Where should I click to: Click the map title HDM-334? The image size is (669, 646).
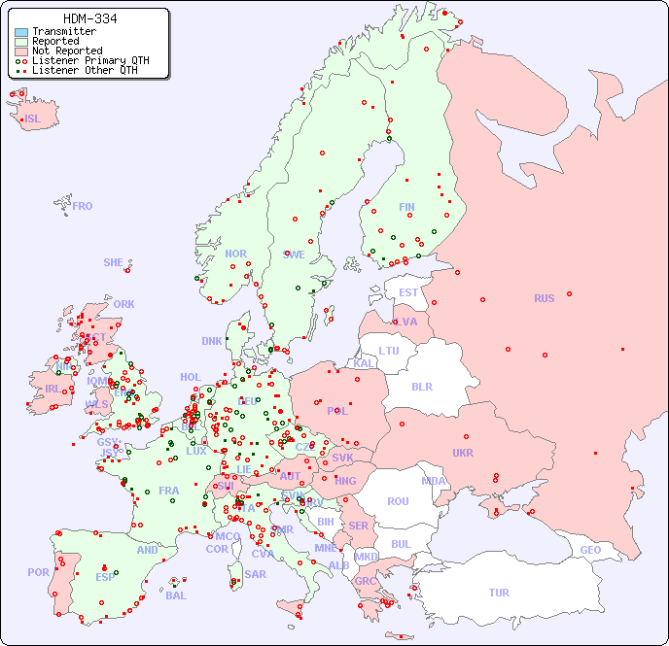point(90,18)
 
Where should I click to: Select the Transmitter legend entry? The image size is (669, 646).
point(63,31)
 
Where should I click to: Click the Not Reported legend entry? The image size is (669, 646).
point(66,51)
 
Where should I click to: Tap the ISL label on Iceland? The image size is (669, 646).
point(33,119)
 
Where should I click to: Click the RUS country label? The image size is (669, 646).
point(544,298)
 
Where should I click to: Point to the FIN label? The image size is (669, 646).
point(406,207)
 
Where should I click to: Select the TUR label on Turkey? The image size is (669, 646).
point(499,593)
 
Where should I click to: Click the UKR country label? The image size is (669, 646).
point(463,453)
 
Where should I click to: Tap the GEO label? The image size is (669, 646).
point(590,550)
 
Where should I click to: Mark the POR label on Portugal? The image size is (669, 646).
point(38,572)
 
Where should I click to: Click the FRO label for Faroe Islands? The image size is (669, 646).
point(83,206)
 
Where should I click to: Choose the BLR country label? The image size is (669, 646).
point(422,386)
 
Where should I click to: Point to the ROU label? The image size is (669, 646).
point(398,501)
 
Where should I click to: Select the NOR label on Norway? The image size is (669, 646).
point(235,254)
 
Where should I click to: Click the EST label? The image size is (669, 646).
point(408,292)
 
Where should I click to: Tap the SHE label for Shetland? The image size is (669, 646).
point(114,262)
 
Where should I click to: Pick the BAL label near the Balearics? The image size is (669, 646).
point(175,595)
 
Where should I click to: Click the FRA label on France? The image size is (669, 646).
point(169,491)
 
